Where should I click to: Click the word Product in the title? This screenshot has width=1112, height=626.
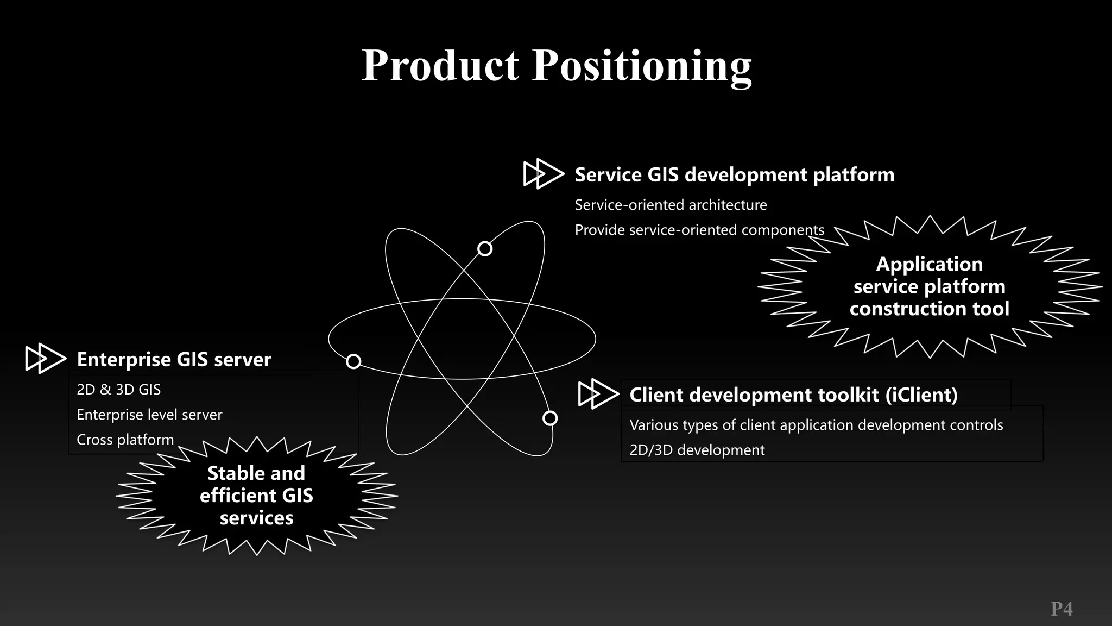pyautogui.click(x=440, y=65)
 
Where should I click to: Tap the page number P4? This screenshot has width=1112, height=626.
pyautogui.click(x=1062, y=609)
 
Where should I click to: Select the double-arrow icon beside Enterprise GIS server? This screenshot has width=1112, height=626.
pyautogui.click(x=46, y=359)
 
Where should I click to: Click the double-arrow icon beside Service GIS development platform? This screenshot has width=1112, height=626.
pyautogui.click(x=544, y=174)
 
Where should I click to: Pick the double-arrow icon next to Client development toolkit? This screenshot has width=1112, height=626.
pyautogui.click(x=598, y=394)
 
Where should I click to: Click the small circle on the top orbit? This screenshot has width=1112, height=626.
pyautogui.click(x=485, y=249)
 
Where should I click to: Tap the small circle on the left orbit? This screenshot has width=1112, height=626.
pyautogui.click(x=353, y=361)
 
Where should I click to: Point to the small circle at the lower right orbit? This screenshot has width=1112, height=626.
pyautogui.click(x=550, y=418)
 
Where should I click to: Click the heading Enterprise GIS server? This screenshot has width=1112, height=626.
pyautogui.click(x=174, y=359)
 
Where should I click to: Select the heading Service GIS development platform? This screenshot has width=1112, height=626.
pyautogui.click(x=734, y=175)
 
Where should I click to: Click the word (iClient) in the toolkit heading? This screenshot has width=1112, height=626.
pyautogui.click(x=921, y=395)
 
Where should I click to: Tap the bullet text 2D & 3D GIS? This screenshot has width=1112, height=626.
pyautogui.click(x=118, y=390)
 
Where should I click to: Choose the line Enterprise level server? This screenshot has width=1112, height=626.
pyautogui.click(x=149, y=415)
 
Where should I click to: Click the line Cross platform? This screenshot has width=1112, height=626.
pyautogui.click(x=125, y=440)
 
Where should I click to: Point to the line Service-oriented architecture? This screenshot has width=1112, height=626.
pyautogui.click(x=671, y=205)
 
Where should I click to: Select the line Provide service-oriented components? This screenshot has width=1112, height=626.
pyautogui.click(x=699, y=230)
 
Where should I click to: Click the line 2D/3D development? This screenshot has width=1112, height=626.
pyautogui.click(x=697, y=450)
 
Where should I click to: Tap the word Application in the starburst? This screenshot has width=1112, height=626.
pyautogui.click(x=929, y=264)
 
